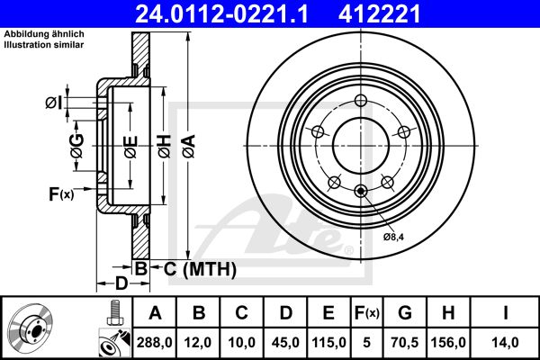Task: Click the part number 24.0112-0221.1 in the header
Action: point(221,13)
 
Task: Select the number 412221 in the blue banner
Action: point(380,13)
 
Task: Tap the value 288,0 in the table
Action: point(154,342)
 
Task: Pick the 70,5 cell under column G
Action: point(405,342)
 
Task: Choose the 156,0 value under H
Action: point(448,342)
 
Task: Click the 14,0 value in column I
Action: point(505,342)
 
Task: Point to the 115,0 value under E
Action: point(328,342)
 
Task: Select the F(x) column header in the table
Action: point(367,313)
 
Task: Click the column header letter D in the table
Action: point(286,313)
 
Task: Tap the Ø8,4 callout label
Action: point(393,237)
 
